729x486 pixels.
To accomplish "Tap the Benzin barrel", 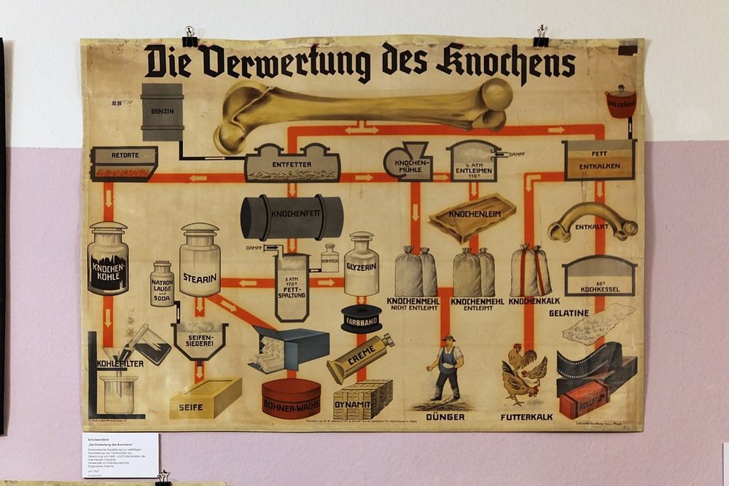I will tap(162, 111).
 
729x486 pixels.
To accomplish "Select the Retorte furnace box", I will tap(124, 163).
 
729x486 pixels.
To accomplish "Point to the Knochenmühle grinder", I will tap(408, 160).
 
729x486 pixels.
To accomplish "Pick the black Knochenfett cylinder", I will tap(292, 216).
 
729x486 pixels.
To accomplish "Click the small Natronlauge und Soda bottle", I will tap(162, 283).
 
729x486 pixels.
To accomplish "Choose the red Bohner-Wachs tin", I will tap(292, 398).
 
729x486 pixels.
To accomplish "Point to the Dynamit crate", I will tap(362, 399).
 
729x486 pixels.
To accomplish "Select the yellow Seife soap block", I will tap(205, 397).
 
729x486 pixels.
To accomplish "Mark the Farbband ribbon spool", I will tap(362, 318).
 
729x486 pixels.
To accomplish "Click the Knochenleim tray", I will tap(472, 216).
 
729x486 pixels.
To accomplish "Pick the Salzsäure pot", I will tap(620, 102).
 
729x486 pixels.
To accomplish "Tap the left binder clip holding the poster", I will tap(190, 37).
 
